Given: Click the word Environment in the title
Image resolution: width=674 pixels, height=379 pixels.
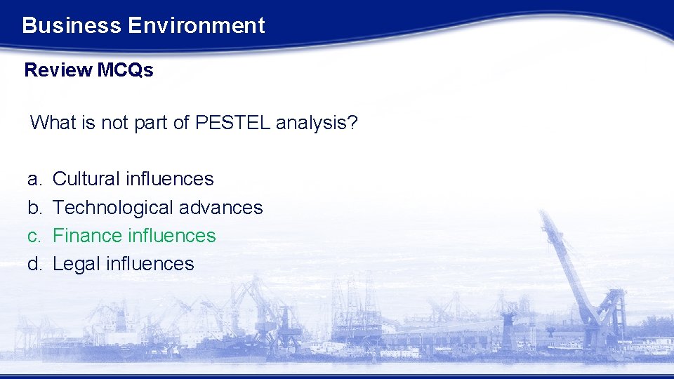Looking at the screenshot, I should (x=197, y=26).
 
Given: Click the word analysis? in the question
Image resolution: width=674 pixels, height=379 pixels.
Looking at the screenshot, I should (x=317, y=124).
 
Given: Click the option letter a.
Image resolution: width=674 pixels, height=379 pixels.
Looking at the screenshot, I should (x=33, y=180).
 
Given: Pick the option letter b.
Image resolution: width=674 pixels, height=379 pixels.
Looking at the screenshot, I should (x=33, y=208).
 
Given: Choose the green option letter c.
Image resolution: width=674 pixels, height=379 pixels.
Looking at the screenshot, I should (x=33, y=236).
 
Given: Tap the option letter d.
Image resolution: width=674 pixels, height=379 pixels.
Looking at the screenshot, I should (x=33, y=264).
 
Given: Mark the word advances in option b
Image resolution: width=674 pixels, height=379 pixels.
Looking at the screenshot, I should (x=220, y=208).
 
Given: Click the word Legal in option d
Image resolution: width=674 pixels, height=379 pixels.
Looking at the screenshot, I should (x=77, y=264).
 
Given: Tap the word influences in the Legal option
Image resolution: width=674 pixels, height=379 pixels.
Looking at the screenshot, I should (x=150, y=264).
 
